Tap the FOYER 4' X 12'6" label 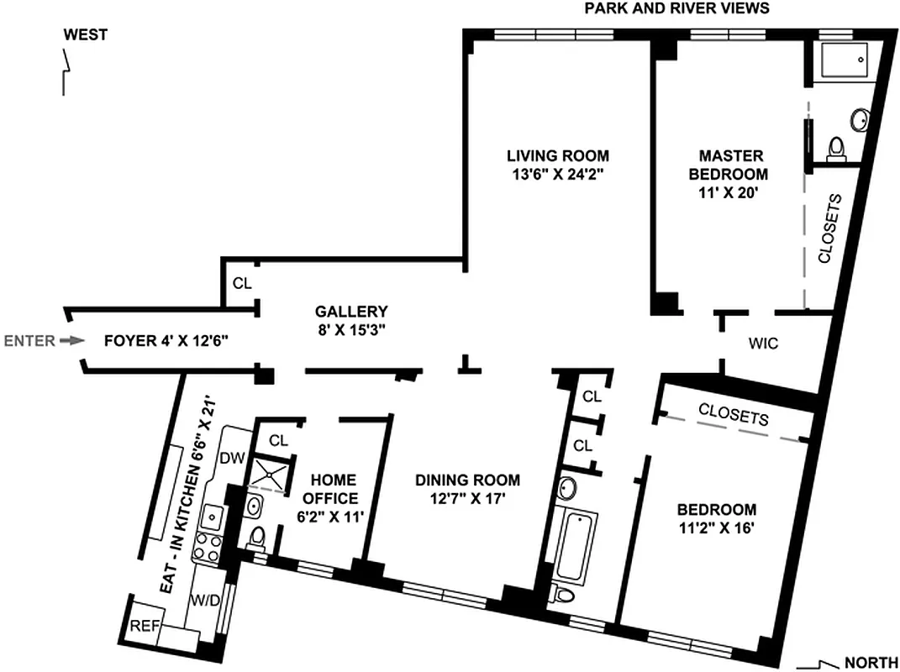tap(166, 341)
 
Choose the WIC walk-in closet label tap(763, 344)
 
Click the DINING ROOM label tap(468, 480)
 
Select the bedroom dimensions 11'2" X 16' tap(717, 528)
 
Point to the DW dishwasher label tap(231, 458)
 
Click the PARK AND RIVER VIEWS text tap(676, 8)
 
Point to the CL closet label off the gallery tap(242, 283)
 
